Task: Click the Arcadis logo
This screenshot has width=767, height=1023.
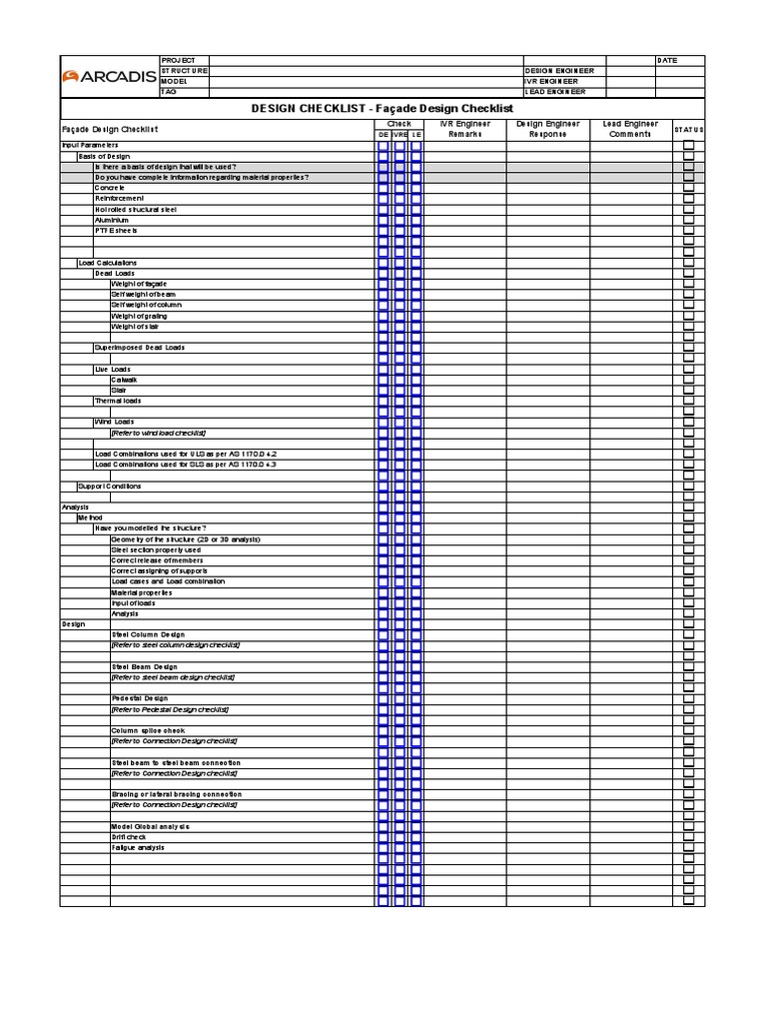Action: coord(109,76)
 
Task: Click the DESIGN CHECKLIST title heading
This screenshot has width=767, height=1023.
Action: coord(382,107)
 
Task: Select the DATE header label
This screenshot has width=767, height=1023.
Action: coord(667,60)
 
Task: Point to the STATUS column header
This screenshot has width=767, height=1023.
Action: coord(688,130)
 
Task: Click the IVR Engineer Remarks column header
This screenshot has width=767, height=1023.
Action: coord(465,129)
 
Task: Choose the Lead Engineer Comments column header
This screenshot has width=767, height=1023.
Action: coord(630,129)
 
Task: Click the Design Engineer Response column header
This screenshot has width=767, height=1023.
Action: coord(547,129)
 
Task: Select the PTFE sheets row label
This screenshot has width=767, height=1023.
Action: coord(117,231)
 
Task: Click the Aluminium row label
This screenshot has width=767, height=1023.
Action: coord(113,220)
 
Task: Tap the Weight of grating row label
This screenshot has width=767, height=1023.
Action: coord(139,316)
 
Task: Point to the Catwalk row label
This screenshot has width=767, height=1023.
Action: coord(125,380)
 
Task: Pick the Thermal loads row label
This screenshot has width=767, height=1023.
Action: coord(118,401)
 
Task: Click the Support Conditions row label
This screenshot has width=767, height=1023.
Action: coord(110,487)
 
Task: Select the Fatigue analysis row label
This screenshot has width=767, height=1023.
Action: coord(138,848)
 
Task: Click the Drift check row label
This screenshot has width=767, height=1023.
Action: coord(129,837)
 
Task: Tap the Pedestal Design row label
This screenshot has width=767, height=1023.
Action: coord(140,698)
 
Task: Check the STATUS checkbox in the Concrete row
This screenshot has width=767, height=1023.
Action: coord(688,188)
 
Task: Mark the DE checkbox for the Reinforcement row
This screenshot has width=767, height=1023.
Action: coord(383,199)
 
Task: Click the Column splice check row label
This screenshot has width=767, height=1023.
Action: coord(147,730)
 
